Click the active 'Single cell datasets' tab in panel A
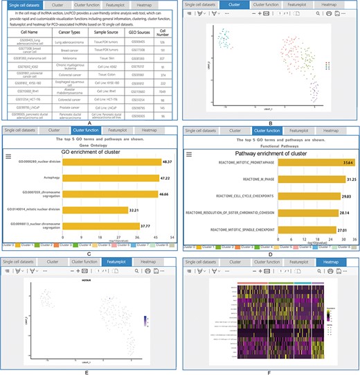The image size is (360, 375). click(23, 5)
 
